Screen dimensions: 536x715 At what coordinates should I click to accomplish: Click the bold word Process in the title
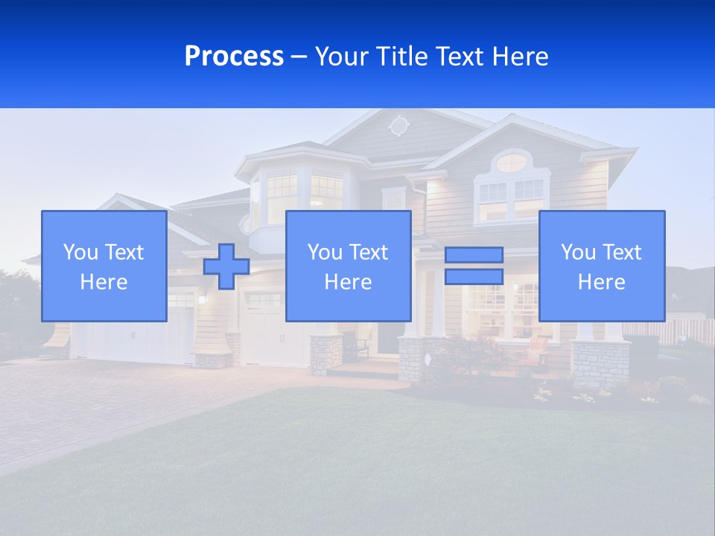point(234,57)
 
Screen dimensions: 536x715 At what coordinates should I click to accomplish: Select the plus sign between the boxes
point(226,267)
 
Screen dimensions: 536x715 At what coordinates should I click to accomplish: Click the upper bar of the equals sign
point(474,255)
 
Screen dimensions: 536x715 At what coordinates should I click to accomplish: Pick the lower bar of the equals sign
point(474,276)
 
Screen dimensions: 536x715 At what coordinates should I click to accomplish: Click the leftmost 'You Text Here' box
point(104,266)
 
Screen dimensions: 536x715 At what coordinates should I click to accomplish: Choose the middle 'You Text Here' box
point(348,266)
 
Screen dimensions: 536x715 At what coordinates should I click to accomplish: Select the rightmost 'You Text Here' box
point(602,266)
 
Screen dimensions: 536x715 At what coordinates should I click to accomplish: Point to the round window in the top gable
point(399,126)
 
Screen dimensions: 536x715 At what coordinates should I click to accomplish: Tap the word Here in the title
point(521,57)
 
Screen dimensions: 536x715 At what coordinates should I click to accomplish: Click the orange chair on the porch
point(537,348)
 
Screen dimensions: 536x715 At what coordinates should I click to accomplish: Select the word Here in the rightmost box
point(602,282)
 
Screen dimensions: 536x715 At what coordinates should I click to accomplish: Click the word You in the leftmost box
point(80,252)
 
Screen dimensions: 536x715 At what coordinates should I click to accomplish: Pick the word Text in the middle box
point(368,252)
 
